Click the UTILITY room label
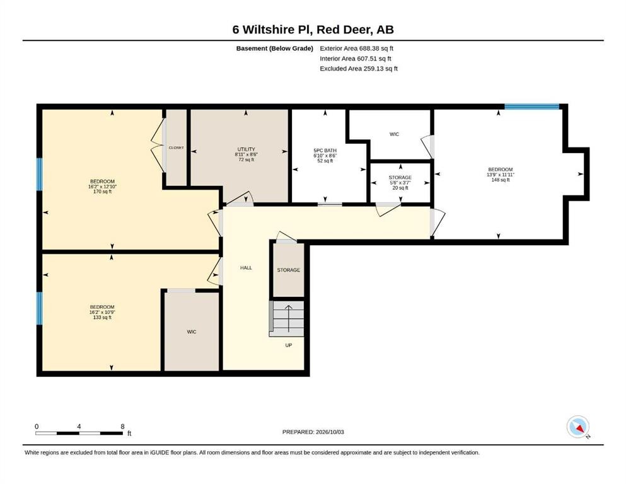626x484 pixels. (x=246, y=149)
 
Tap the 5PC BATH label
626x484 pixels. (x=325, y=151)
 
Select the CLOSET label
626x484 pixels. (x=176, y=147)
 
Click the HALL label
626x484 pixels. (x=246, y=268)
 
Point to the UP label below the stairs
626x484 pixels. (x=288, y=345)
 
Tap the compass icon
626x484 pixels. (x=577, y=427)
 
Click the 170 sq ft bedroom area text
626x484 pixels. (x=102, y=192)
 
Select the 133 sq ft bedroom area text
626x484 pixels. (x=102, y=318)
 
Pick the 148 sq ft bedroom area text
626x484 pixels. (x=501, y=180)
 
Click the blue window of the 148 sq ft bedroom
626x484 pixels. (x=531, y=107)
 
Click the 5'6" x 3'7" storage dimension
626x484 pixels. (x=400, y=183)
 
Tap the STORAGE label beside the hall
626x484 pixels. (x=288, y=270)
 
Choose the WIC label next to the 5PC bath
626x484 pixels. (x=394, y=134)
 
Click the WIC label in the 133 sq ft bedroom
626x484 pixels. (x=192, y=332)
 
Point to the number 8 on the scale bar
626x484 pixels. (x=122, y=426)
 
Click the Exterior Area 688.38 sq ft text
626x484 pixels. (x=357, y=49)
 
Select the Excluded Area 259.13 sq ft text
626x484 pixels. (x=359, y=68)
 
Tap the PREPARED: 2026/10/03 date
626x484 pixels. (x=313, y=432)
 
